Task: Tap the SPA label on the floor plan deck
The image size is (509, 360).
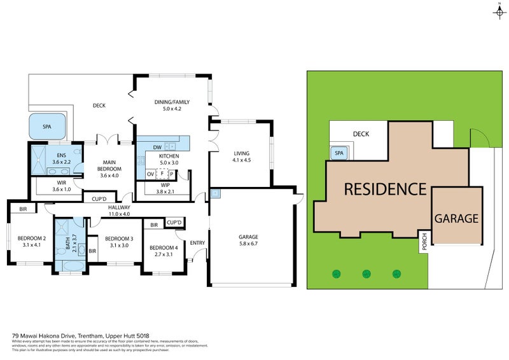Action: (x=47, y=127)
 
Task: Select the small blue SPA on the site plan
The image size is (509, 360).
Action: (x=338, y=153)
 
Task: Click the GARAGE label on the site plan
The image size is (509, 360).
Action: (x=456, y=218)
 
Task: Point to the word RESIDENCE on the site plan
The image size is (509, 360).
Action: (x=385, y=189)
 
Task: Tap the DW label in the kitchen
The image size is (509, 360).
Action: (x=147, y=147)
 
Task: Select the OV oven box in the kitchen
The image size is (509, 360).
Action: (x=150, y=173)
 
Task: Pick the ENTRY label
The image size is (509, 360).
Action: (x=198, y=242)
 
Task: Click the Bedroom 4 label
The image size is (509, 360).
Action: (x=164, y=247)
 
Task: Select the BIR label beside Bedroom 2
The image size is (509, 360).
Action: (x=23, y=209)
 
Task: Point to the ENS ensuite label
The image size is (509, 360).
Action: (x=62, y=156)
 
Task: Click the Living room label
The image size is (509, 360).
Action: (x=242, y=153)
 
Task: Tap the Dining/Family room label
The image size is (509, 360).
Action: (x=172, y=102)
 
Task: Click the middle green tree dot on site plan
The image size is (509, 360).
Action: (x=366, y=274)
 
